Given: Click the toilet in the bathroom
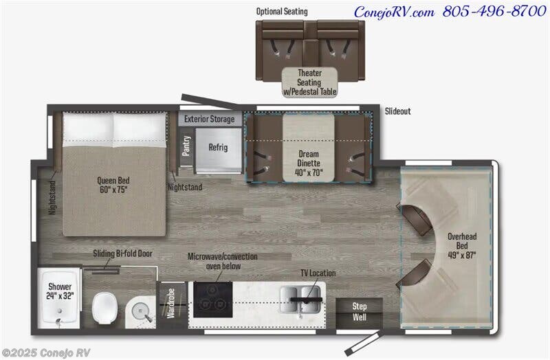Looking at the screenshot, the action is point(104,308).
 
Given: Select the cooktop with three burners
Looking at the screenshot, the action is point(212,300).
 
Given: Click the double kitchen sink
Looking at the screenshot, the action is point(300,300).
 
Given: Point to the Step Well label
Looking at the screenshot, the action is point(360,312).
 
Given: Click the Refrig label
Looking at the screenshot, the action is point(218,147).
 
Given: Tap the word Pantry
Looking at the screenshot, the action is point(186,146).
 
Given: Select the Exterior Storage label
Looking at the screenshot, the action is point(210,119).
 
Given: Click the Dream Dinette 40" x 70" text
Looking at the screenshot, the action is point(309,164).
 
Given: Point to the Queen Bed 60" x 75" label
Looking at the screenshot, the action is point(113,185).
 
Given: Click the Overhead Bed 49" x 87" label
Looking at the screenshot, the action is point(462,246).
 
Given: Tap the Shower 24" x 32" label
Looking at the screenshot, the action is point(60,291).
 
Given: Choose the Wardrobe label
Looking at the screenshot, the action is point(171,303).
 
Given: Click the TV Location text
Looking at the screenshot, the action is point(318,273).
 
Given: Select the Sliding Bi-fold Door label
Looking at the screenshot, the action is point(122,254).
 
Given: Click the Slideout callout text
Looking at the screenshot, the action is point(398,111).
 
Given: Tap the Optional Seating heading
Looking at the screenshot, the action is point(282,12).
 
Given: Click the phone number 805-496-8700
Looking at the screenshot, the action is point(494,11).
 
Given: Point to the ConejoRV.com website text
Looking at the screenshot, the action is point(394,12).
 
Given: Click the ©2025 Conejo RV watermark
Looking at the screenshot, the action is point(46,352).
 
